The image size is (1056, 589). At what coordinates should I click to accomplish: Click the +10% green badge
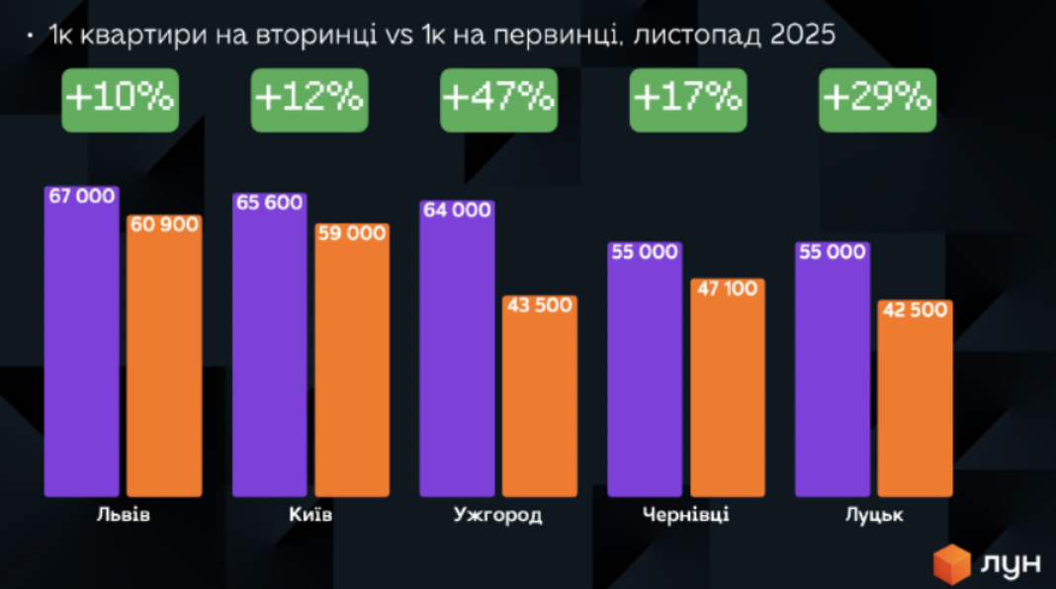pyautogui.click(x=120, y=99)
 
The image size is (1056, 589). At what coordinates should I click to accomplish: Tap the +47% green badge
pyautogui.click(x=498, y=99)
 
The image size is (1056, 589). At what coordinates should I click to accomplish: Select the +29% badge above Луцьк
pyautogui.click(x=877, y=99)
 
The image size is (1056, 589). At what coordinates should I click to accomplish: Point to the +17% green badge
pyautogui.click(x=687, y=99)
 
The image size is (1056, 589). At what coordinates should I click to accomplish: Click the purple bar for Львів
pyautogui.click(x=81, y=356)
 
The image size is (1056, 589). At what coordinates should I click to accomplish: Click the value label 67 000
pyautogui.click(x=82, y=197)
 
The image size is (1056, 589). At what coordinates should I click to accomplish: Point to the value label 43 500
pyautogui.click(x=540, y=305)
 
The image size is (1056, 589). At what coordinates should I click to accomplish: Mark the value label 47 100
pyautogui.click(x=727, y=290)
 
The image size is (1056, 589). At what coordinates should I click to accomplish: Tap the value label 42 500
pyautogui.click(x=915, y=310)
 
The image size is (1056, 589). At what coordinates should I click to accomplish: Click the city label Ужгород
pyautogui.click(x=498, y=516)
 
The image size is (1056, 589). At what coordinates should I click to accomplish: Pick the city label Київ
pyautogui.click(x=310, y=516)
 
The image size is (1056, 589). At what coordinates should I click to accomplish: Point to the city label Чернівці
pyautogui.click(x=685, y=516)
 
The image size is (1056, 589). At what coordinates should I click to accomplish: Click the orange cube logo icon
pyautogui.click(x=953, y=564)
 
